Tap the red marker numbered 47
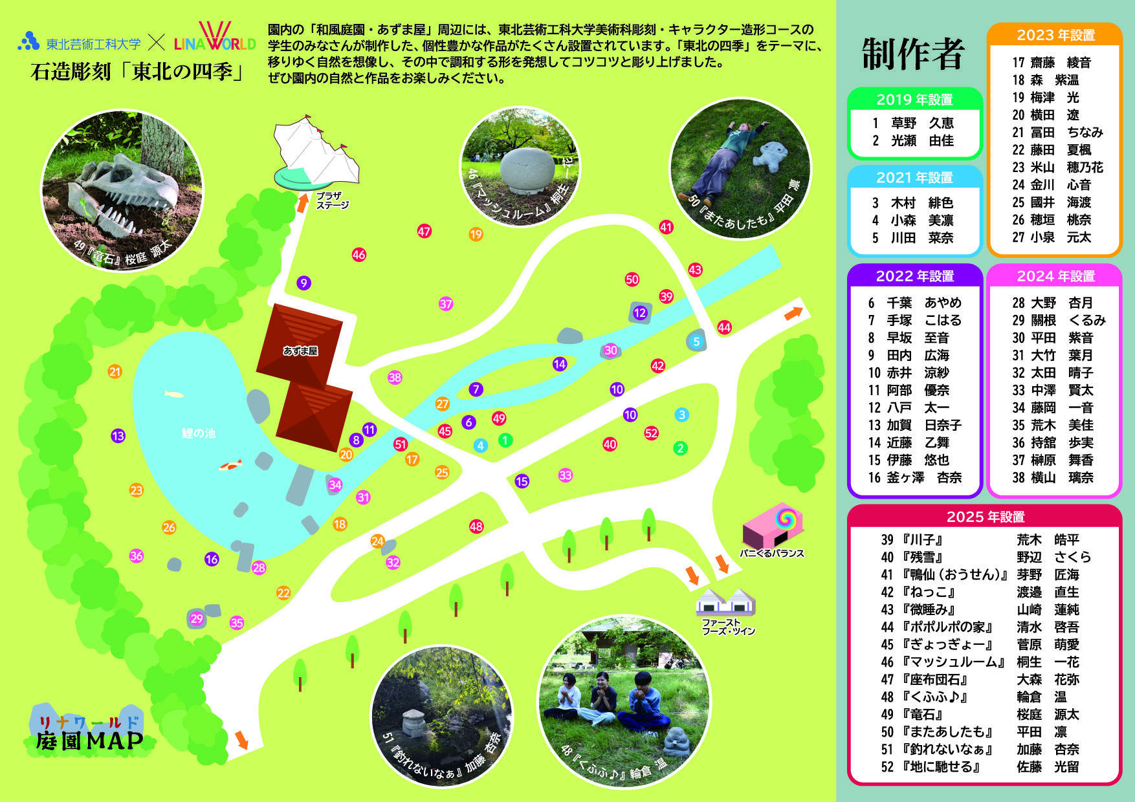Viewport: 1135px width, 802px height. pos(424,232)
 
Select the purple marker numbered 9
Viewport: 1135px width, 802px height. pos(303,283)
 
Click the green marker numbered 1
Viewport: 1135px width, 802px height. pos(505,440)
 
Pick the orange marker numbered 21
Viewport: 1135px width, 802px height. pos(115,372)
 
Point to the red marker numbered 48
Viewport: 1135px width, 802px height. pos(476,526)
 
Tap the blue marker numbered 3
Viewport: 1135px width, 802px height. pos(681,415)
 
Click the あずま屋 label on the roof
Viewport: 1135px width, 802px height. pos(300,351)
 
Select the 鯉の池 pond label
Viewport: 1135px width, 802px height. pos(198,433)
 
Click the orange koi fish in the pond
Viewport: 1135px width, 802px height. pos(230,465)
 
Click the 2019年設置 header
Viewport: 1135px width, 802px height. pos(914,100)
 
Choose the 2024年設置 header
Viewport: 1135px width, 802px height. pos(1055,276)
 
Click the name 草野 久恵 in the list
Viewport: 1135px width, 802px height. pos(922,123)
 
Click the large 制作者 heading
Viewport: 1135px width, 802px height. pos(913,54)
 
